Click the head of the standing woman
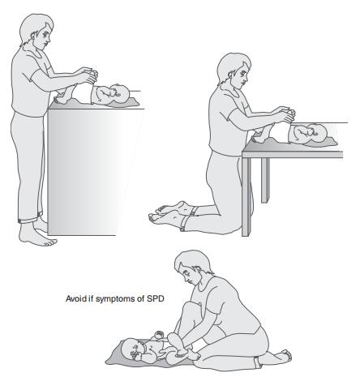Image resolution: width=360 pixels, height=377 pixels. pos(36,31)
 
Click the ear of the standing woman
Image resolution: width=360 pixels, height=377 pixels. pos(34,36)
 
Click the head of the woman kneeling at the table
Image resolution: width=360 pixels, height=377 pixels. pos(234,70)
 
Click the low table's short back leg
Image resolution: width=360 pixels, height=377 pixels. pos(265,180)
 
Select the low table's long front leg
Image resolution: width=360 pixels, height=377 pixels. pos(246,197)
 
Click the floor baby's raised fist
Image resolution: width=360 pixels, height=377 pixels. pos(159,336)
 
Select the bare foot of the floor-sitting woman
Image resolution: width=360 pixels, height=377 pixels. pos(281,356)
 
